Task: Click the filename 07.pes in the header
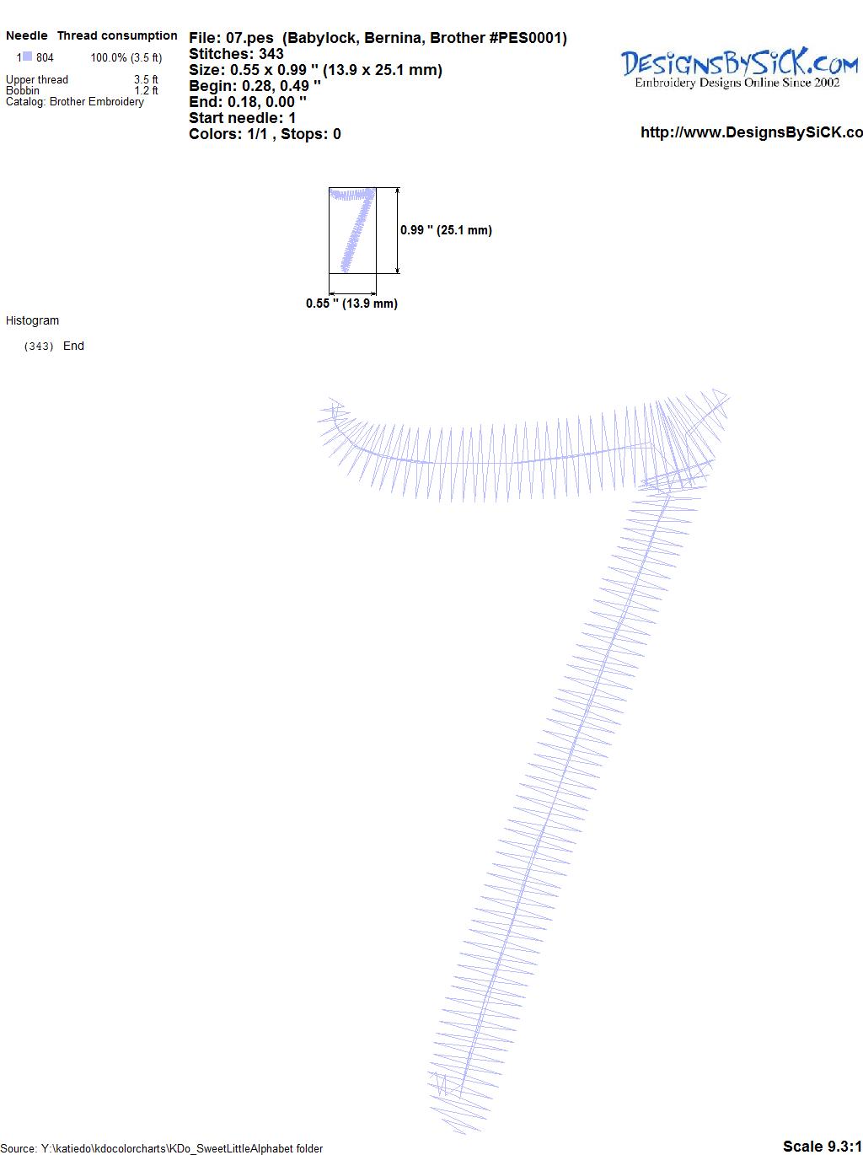point(249,38)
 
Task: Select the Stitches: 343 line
point(236,54)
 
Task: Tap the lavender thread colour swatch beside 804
point(27,56)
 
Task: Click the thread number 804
point(45,57)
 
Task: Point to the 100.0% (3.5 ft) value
point(126,57)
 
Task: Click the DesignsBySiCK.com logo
point(739,68)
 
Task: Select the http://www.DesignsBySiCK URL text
point(751,132)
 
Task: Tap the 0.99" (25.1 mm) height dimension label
point(446,230)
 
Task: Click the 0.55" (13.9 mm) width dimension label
point(351,304)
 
